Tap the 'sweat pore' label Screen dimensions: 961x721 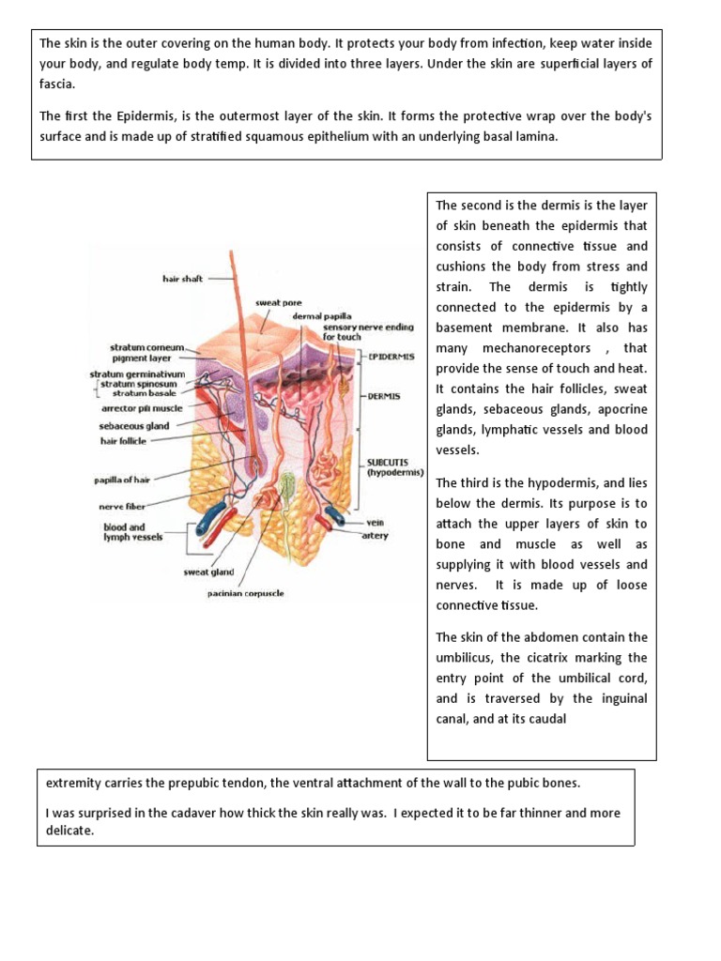278,303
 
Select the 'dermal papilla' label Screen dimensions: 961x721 313,317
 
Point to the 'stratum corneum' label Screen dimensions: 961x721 146,346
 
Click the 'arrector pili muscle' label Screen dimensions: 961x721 141,408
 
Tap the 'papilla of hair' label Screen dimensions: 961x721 121,480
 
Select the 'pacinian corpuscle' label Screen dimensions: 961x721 246,593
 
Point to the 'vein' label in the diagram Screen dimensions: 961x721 376,523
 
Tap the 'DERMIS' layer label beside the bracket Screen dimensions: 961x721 385,396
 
